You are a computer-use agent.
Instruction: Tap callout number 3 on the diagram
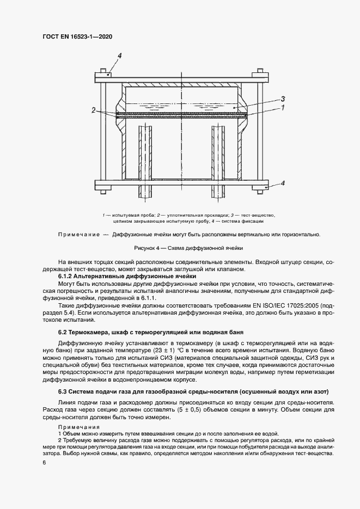(x=283, y=99)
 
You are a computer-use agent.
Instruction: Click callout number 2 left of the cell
(x=94, y=110)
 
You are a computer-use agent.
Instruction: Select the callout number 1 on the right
(x=283, y=108)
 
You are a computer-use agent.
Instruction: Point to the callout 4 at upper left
(x=119, y=56)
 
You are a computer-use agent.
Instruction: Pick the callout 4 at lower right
(x=282, y=183)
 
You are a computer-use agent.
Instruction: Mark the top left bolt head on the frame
(x=102, y=70)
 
